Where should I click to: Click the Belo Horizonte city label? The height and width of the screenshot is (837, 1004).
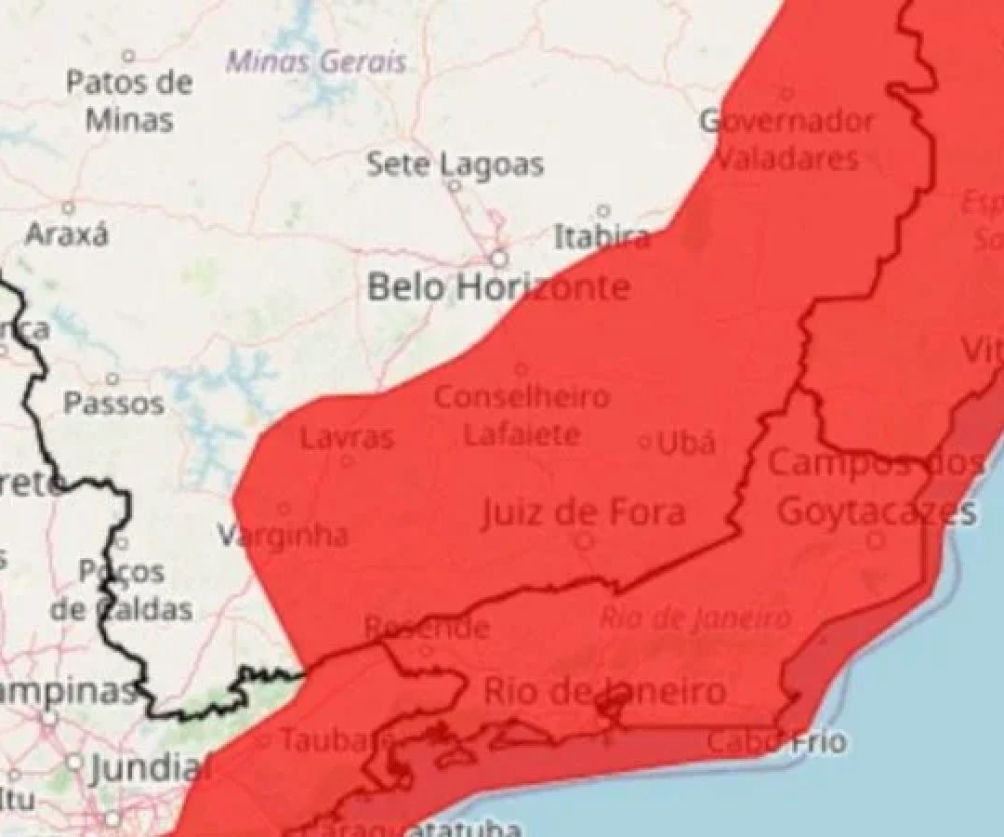[x=498, y=287]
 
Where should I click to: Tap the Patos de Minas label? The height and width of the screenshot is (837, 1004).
[x=129, y=100]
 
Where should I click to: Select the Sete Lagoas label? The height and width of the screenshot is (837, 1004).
[x=455, y=165]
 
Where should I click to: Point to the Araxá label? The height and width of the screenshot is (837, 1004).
[x=66, y=233]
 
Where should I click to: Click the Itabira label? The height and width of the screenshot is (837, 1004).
[x=601, y=236]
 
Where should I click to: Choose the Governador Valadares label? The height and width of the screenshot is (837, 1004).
[x=786, y=139]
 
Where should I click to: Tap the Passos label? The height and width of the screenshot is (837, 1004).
[x=113, y=404]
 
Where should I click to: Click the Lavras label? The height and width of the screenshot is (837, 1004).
[x=347, y=437]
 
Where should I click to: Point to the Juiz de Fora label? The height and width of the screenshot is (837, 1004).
[x=584, y=512]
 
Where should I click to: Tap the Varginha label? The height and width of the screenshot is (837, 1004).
[x=284, y=535]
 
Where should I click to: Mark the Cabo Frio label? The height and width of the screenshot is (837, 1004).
[x=776, y=741]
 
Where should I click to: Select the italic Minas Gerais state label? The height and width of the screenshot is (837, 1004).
[x=317, y=62]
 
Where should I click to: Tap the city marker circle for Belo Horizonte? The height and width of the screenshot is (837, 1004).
[x=500, y=259]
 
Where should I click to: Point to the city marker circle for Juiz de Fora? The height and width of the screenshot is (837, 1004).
[x=584, y=540]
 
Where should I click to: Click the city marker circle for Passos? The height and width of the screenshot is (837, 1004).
[x=112, y=379]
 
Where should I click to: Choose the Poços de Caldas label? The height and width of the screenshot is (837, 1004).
[x=121, y=590]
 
